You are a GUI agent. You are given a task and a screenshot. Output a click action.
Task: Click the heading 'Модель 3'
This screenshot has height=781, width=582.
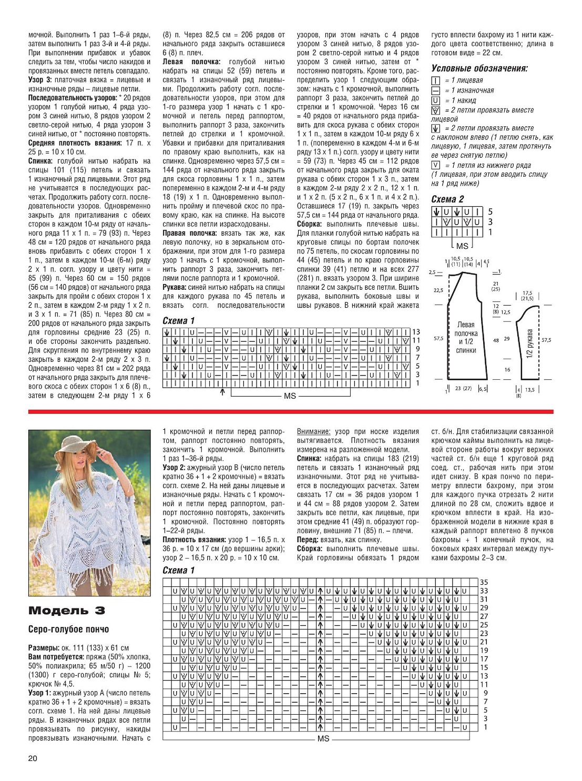point(66,610)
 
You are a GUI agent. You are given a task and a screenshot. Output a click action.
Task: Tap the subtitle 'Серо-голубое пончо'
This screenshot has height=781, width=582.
point(68,629)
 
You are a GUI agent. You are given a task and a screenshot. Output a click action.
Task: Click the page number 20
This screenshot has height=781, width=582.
point(33,758)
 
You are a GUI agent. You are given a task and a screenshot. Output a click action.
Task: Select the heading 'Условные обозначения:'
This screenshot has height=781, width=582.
point(479,68)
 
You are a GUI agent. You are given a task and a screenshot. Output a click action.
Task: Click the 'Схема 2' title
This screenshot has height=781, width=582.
point(447,199)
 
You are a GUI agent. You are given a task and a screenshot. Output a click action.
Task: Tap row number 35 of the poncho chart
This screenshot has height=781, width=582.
point(484,582)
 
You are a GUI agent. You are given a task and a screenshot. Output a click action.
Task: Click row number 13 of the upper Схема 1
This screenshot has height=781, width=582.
point(416,332)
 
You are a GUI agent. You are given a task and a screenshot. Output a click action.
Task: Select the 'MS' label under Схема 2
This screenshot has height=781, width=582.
point(462,246)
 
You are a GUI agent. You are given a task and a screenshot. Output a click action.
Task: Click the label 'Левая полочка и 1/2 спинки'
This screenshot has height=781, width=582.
point(466,337)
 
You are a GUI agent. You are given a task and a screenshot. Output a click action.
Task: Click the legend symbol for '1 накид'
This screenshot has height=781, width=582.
point(435,100)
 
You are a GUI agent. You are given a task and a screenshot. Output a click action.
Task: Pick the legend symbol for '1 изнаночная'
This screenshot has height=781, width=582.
point(435,90)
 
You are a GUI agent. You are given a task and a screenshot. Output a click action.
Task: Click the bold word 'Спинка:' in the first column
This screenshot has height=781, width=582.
point(40,161)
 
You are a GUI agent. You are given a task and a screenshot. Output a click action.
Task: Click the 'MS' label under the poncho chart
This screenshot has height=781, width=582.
point(323,738)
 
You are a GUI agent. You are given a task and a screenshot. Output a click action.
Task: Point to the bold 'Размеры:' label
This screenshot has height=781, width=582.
point(44,647)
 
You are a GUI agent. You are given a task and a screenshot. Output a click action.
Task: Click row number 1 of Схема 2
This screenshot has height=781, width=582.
point(490,232)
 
